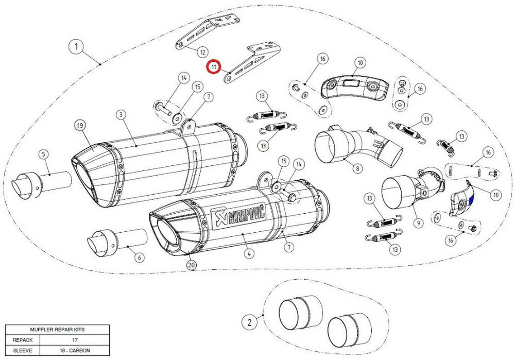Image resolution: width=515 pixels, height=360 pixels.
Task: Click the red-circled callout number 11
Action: [x=213, y=67]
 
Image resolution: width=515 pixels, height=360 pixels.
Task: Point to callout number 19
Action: [x=79, y=125]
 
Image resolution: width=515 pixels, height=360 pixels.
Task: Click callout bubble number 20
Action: [x=191, y=265]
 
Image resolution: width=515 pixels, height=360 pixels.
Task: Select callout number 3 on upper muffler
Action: [x=120, y=114]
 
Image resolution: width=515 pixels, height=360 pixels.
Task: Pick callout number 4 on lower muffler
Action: [x=249, y=253]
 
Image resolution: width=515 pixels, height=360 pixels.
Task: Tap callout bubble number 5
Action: [x=43, y=153]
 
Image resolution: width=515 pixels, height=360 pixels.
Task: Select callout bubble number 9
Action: [x=417, y=223]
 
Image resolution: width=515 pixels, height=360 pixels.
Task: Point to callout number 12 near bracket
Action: [x=202, y=52]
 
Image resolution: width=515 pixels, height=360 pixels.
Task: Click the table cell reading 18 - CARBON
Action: [x=76, y=350]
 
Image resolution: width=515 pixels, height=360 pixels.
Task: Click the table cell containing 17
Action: [x=76, y=340]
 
